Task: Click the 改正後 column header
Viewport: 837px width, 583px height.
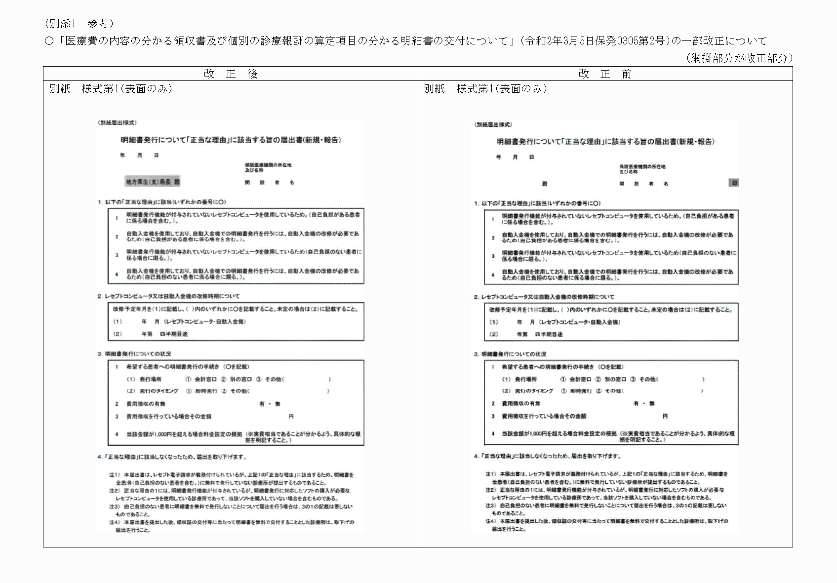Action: [231, 74]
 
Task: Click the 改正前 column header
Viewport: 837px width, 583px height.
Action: [605, 74]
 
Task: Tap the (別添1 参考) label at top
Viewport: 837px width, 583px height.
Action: [79, 23]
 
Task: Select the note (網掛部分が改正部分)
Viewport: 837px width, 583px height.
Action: [739, 58]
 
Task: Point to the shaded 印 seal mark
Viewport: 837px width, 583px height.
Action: [734, 183]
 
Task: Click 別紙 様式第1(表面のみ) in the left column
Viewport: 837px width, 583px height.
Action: [111, 89]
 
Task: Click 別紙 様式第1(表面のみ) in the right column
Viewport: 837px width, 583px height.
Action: [485, 89]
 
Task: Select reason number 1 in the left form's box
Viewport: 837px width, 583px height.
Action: [117, 218]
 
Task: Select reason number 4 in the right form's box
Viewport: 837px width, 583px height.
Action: [492, 275]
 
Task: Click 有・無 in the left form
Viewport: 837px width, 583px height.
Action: [270, 404]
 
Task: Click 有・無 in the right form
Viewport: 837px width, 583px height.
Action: [644, 403]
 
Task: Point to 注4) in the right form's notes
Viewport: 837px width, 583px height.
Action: [490, 521]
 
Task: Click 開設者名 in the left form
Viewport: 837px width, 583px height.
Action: [270, 183]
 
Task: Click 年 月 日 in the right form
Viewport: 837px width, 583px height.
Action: [515, 157]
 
